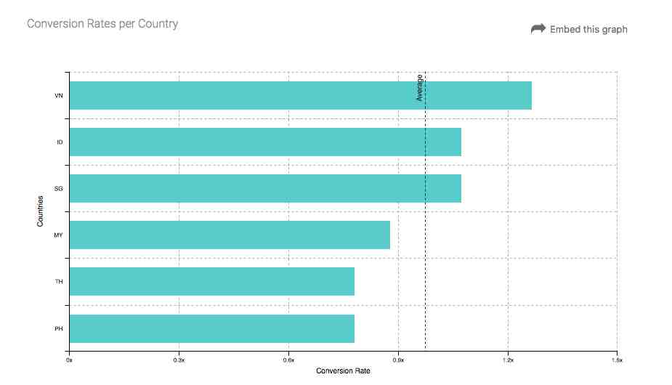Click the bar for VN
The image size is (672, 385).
(300, 95)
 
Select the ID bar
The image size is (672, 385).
(265, 142)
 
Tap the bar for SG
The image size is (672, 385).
(265, 188)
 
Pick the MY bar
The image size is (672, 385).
(230, 235)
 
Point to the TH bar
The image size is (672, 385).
(211, 281)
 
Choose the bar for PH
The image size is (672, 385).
(211, 328)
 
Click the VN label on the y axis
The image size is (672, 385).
(59, 95)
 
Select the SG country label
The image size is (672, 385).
(59, 188)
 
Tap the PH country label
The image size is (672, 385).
(59, 328)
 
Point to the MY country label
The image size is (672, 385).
(59, 235)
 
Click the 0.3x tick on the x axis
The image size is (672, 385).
(179, 360)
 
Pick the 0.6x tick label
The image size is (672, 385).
(288, 360)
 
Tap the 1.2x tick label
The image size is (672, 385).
(508, 360)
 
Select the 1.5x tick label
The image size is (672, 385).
(617, 360)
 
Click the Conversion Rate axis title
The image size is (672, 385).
(343, 371)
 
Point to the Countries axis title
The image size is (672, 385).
(41, 210)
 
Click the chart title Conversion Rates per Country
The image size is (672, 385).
(102, 24)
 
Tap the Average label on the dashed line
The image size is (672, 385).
(420, 87)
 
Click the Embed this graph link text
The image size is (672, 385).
(588, 30)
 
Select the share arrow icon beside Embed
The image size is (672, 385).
(538, 29)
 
